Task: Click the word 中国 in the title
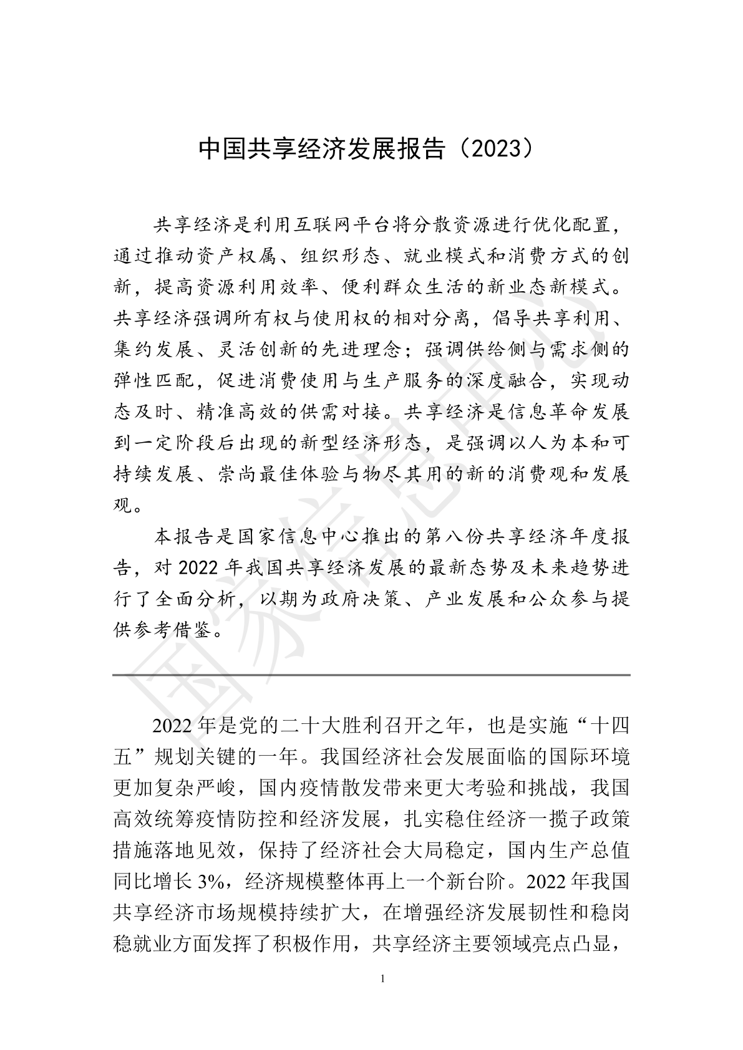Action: [x=215, y=148]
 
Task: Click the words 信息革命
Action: [x=535, y=412]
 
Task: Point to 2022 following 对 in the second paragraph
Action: [x=198, y=568]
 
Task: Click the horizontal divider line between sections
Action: [x=371, y=675]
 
